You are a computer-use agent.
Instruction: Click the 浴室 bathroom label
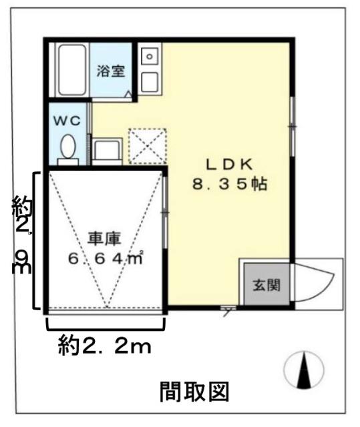tap(112, 71)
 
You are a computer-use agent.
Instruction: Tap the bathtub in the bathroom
tap(71, 71)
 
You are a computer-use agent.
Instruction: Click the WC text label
tap(67, 122)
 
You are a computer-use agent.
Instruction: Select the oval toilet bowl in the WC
tap(67, 146)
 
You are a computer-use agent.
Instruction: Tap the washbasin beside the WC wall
tap(106, 151)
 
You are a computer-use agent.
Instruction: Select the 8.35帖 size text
tap(229, 185)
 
